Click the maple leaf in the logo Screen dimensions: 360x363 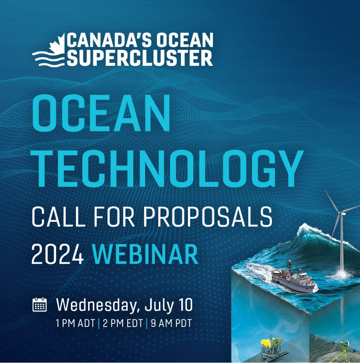(58, 44)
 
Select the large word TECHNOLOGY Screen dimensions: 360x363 (168, 168)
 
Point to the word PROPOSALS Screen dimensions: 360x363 (208, 217)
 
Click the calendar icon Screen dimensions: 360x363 (39, 304)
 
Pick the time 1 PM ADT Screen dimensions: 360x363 (75, 323)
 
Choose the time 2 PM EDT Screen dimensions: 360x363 (123, 323)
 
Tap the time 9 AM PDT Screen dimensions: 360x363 (171, 323)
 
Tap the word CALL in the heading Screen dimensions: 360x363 (58, 217)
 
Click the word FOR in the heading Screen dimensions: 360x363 (114, 217)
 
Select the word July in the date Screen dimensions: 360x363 (159, 306)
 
